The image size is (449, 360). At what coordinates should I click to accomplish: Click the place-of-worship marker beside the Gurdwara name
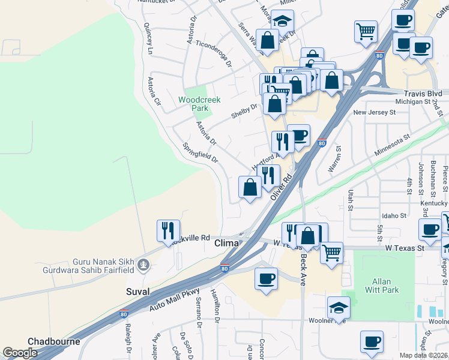[143, 264]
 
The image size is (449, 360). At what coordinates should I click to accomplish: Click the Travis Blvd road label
[423, 94]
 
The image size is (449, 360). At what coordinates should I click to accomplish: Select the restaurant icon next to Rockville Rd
[168, 230]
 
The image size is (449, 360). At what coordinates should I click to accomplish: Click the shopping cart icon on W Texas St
[331, 253]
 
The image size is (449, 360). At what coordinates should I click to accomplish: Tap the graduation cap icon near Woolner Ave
[339, 307]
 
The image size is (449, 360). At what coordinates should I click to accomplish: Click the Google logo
[20, 353]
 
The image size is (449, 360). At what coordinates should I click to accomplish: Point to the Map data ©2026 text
[423, 355]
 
